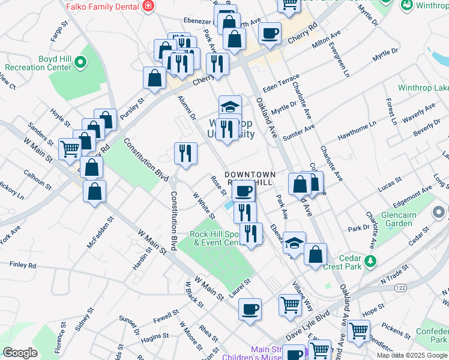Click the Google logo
point(20,353)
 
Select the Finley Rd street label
point(23,265)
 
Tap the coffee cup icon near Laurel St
point(250,310)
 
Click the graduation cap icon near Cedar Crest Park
point(294,242)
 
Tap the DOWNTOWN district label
point(250,175)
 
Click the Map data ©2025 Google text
point(412,355)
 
